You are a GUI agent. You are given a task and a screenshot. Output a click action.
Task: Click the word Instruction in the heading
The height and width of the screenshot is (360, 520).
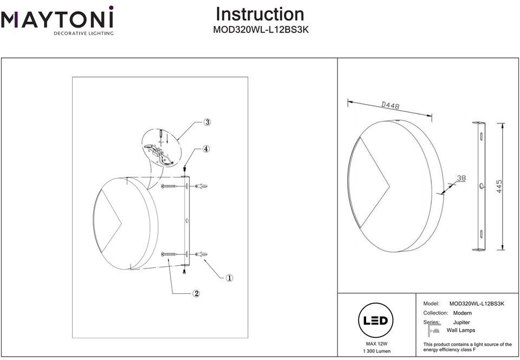(x=260, y=14)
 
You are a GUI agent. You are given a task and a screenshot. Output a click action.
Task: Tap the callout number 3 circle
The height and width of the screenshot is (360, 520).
(x=207, y=122)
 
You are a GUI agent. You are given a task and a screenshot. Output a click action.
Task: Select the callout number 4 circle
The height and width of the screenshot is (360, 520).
(x=206, y=149)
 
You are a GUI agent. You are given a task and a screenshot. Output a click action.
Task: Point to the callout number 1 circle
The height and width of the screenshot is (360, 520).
(x=229, y=278)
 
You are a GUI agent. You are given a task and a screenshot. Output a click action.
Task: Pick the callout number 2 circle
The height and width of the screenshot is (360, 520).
(x=196, y=293)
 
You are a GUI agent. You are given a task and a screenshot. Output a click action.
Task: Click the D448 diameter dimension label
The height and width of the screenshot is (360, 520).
(x=391, y=106)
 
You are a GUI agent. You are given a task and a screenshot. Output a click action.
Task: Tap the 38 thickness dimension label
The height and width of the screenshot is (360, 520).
(x=461, y=178)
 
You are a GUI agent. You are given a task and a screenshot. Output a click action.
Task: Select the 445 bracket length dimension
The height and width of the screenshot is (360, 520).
(x=499, y=187)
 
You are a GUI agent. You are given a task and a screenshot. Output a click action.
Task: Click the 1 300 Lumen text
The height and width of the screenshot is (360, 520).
(x=377, y=351)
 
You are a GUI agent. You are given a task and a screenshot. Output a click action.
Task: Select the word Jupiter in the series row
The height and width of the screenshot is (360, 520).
(x=461, y=322)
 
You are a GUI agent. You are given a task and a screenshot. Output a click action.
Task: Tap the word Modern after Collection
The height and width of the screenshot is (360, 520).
(x=462, y=313)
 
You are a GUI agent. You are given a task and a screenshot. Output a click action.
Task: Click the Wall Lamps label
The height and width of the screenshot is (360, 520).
(x=460, y=330)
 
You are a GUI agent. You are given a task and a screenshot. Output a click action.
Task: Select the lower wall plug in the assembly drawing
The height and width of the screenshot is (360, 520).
(x=201, y=254)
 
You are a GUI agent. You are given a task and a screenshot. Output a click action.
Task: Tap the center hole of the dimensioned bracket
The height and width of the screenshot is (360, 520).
(x=482, y=186)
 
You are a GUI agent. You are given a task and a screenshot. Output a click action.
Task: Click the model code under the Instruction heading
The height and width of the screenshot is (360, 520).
(x=261, y=30)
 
